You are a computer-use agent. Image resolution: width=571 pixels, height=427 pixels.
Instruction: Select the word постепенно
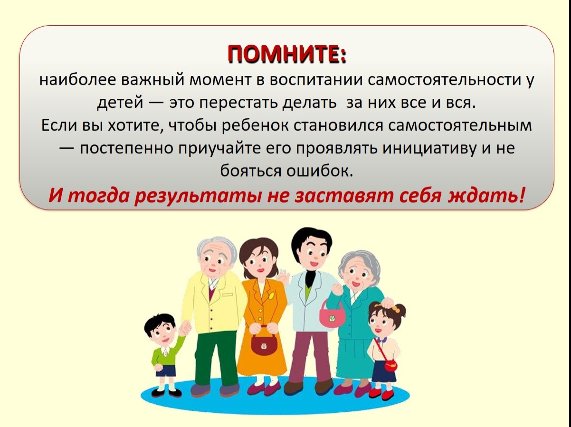(126, 149)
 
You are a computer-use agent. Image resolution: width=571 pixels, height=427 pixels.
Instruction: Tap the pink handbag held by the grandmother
(332, 314)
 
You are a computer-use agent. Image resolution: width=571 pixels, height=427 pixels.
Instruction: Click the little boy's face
(162, 334)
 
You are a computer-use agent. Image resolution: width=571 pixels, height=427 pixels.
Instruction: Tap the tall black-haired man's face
(312, 257)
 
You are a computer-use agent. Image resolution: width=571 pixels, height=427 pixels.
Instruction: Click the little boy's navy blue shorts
(166, 370)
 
